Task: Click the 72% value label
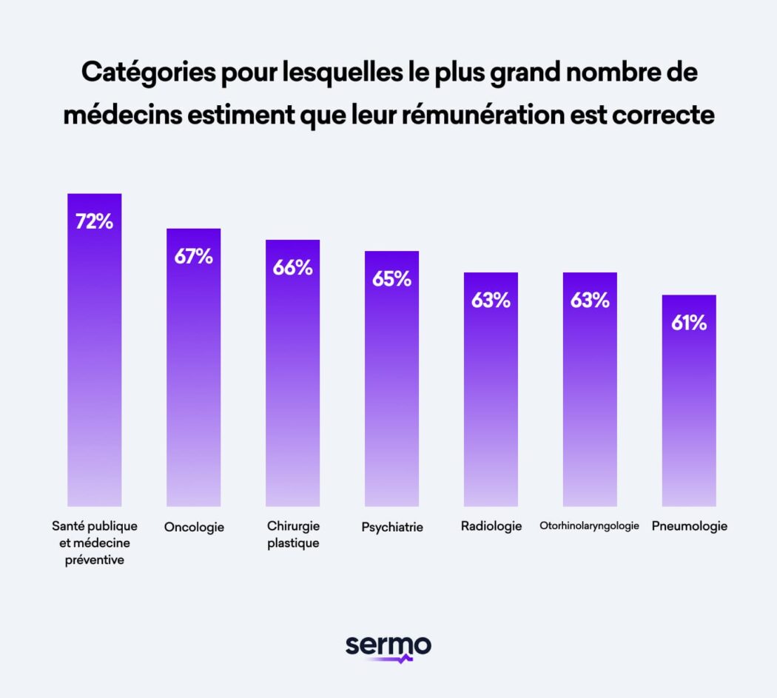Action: pyautogui.click(x=94, y=221)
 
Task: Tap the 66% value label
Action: pyautogui.click(x=292, y=268)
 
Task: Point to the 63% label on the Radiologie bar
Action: pyautogui.click(x=491, y=301)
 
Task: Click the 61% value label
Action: pyautogui.click(x=688, y=323)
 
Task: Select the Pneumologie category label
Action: pyautogui.click(x=689, y=526)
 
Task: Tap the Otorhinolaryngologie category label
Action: pyautogui.click(x=589, y=526)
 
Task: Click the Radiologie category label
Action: pyautogui.click(x=491, y=526)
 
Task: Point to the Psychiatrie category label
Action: pyautogui.click(x=391, y=527)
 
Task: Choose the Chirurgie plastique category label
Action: pyautogui.click(x=293, y=534)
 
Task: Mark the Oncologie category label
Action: pyautogui.click(x=193, y=527)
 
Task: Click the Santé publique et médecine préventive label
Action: pyautogui.click(x=94, y=543)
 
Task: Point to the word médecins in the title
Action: pyautogui.click(x=116, y=115)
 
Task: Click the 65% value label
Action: pyautogui.click(x=391, y=279)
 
